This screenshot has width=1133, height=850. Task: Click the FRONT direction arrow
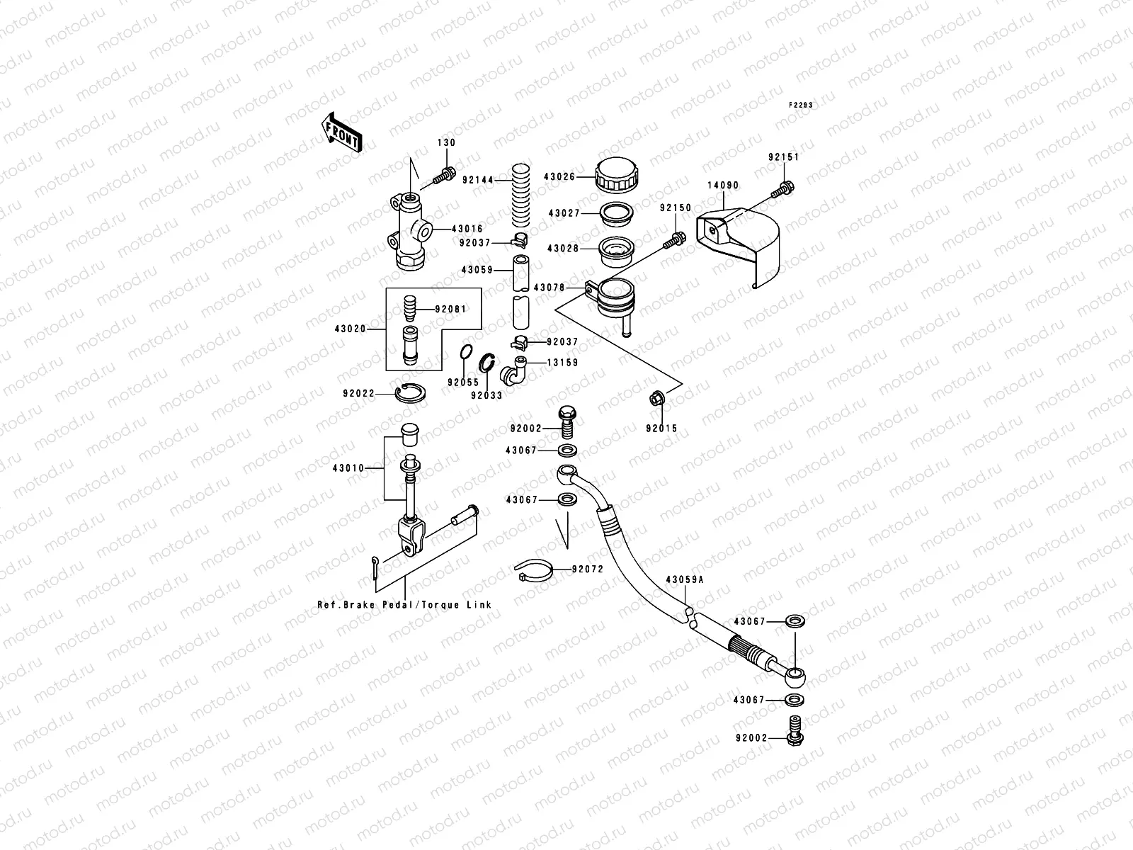coord(342,132)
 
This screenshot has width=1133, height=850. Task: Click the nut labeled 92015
coord(656,399)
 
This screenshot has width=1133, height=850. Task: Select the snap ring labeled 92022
coord(410,393)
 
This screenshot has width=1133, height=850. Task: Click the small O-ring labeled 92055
coord(465,352)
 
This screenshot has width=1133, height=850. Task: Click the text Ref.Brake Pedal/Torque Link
coord(404,605)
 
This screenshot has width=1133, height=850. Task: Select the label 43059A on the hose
coord(684,579)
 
